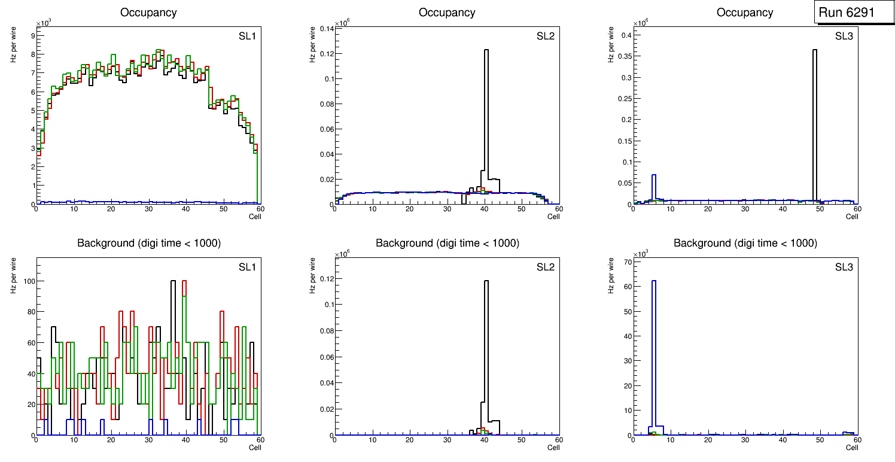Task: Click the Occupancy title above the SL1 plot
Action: pyautogui.click(x=148, y=13)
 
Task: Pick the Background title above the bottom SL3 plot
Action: pyautogui.click(x=745, y=243)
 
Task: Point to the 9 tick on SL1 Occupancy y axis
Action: pyautogui.click(x=32, y=35)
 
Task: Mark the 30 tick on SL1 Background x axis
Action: pyautogui.click(x=148, y=440)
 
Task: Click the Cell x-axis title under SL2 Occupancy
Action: pyautogui.click(x=553, y=217)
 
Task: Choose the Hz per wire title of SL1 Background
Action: pyautogui.click(x=13, y=275)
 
